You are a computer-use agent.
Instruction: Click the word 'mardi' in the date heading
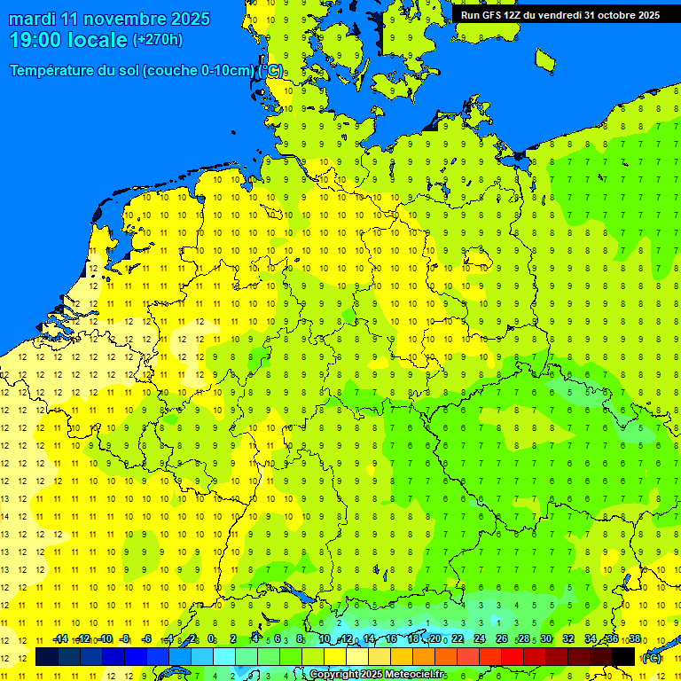pyautogui.click(x=35, y=19)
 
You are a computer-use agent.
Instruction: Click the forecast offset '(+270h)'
pyautogui.click(x=158, y=39)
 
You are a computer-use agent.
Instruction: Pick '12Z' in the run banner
pyautogui.click(x=515, y=15)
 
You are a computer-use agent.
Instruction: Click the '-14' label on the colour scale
pyautogui.click(x=60, y=639)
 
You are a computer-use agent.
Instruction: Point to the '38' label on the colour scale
pyautogui.click(x=635, y=639)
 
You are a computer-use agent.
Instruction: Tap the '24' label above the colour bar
pyautogui.click(x=480, y=639)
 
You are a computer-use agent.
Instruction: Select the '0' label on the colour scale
pyautogui.click(x=211, y=639)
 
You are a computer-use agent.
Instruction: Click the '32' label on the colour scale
pyautogui.click(x=568, y=639)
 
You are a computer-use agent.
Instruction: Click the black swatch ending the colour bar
pyautogui.click(x=623, y=657)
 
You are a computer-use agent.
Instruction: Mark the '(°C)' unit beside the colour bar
pyautogui.click(x=652, y=658)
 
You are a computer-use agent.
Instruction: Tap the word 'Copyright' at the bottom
pyautogui.click(x=334, y=675)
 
